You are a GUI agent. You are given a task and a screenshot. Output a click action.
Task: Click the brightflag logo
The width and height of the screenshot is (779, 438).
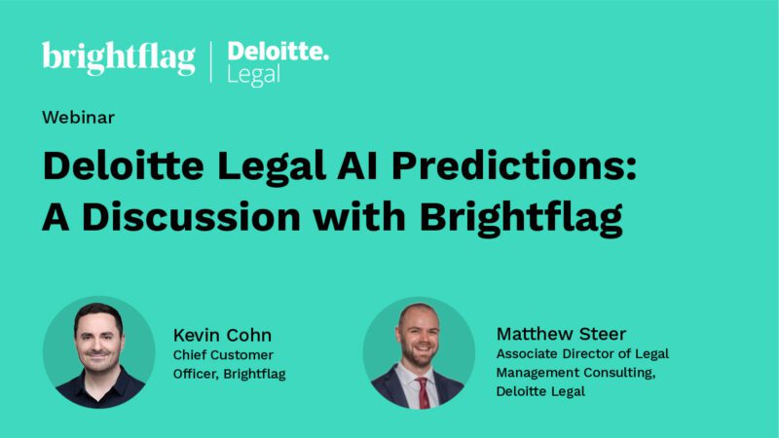119,58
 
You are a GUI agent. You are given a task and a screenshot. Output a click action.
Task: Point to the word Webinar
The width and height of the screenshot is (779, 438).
78,118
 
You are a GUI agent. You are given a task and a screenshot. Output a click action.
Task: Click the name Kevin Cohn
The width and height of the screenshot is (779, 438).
223,334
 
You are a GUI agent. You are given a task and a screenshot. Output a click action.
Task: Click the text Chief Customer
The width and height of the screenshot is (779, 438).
223,354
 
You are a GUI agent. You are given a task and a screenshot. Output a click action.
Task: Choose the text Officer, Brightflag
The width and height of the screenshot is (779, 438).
229,373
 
